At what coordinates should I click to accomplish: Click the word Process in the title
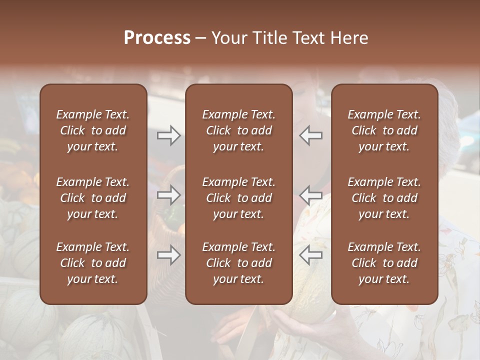click(x=157, y=38)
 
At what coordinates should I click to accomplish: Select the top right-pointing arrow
click(x=169, y=135)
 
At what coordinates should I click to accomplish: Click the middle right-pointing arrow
click(x=169, y=195)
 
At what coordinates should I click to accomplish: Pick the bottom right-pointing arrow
click(x=169, y=255)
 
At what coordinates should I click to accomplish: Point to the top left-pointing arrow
click(x=310, y=135)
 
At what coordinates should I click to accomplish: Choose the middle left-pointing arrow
click(x=310, y=195)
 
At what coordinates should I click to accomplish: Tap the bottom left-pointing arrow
click(x=310, y=255)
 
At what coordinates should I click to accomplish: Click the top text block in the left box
click(x=93, y=130)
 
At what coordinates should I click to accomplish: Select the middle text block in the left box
click(x=93, y=198)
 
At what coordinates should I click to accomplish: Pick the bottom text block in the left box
click(x=93, y=263)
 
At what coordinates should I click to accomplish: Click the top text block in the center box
click(x=238, y=130)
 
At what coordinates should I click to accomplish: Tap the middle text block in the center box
click(x=238, y=198)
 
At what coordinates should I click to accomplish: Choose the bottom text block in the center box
click(x=238, y=263)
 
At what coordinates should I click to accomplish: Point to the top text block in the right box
click(x=384, y=130)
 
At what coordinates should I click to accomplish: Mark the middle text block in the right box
click(x=384, y=198)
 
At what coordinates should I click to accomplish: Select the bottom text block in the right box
click(x=384, y=263)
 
